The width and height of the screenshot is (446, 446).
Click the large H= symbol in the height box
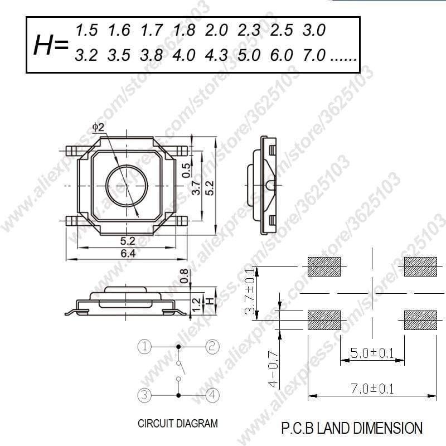pos(51,46)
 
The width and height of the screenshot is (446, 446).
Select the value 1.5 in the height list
pos(86,30)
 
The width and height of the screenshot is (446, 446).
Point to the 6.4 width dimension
pos(128,254)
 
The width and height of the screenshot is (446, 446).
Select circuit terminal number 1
pos(144,346)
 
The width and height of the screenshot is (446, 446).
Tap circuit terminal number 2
pos(212,346)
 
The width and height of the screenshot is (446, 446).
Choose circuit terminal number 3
pos(144,395)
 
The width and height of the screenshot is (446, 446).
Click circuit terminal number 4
pos(212,395)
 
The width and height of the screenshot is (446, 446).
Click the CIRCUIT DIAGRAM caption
pos(178,424)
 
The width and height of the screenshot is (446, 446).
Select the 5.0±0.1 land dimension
pos(372,353)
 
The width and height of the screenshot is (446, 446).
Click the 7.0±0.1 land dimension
pos(372,389)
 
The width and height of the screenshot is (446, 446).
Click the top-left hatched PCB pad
pos(324,267)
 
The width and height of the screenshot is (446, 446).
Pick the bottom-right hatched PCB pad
pos(420,320)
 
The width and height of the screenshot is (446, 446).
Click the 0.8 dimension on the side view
pos(185,275)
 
